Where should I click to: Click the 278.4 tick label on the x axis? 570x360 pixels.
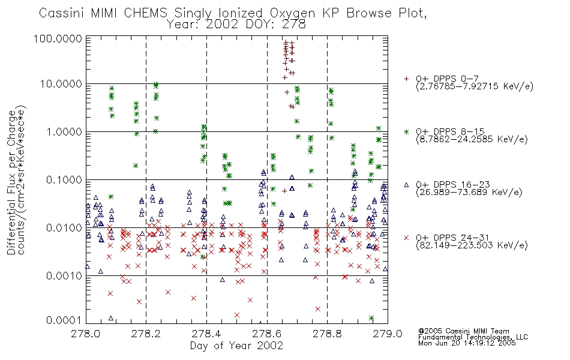pyautogui.click(x=206, y=334)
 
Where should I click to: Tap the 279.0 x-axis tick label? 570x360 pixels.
pyautogui.click(x=388, y=334)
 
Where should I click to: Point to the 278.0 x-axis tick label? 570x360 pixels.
pyautogui.click(x=86, y=334)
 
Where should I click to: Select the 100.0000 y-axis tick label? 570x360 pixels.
pyautogui.click(x=58, y=38)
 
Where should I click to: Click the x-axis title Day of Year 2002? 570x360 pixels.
pyautogui.click(x=236, y=346)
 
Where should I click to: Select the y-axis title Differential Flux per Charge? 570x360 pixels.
pyautogui.click(x=12, y=182)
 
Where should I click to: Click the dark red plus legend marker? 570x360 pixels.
pyautogui.click(x=406, y=79)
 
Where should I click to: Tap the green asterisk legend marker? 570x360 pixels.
pyautogui.click(x=406, y=131)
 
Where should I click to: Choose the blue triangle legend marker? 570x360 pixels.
pyautogui.click(x=406, y=185)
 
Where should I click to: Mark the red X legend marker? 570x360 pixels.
pyautogui.click(x=406, y=238)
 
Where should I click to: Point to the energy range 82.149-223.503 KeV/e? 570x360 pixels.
pyautogui.click(x=472, y=245)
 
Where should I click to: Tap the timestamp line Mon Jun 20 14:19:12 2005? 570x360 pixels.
pyautogui.click(x=467, y=343)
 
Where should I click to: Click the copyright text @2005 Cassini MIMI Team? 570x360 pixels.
pyautogui.click(x=463, y=331)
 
